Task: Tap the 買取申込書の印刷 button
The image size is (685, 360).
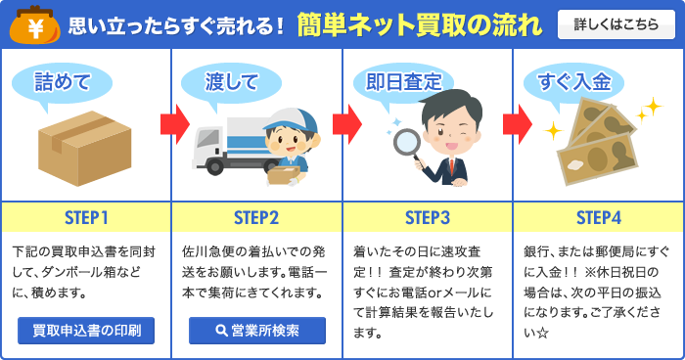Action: coord(86,331)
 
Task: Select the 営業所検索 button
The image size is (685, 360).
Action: coord(257,331)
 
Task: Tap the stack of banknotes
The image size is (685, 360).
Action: coord(597,143)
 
